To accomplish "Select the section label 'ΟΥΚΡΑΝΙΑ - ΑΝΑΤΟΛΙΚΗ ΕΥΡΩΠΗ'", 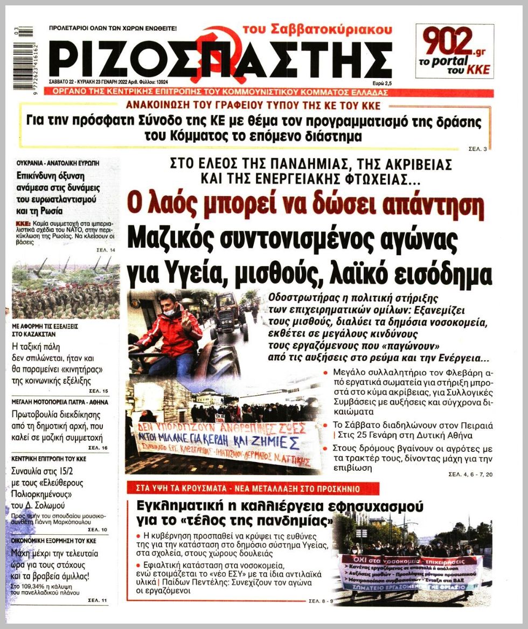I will pyautogui.click(x=58, y=162).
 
